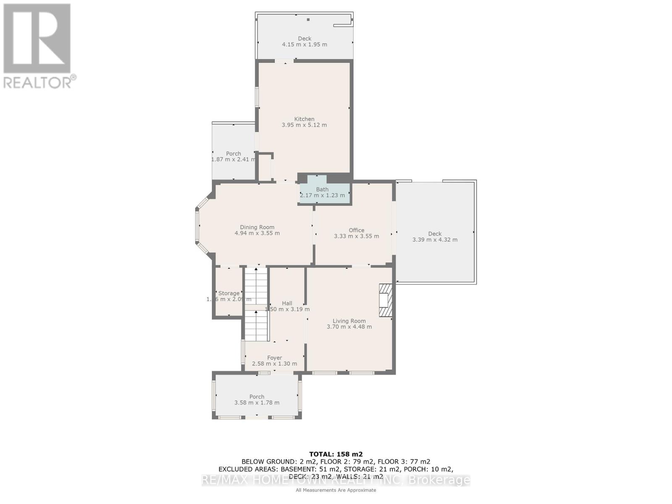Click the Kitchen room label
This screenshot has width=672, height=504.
pos(304,119)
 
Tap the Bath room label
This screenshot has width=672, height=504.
pos(322,189)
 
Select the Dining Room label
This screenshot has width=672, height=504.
pos(257,227)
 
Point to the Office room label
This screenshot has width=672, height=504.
pos(356,230)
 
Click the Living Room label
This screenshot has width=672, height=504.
pos(349,321)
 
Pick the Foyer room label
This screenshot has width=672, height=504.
pos(274,358)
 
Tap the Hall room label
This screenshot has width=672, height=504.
pos(287,303)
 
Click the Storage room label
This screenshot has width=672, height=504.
pos(229,293)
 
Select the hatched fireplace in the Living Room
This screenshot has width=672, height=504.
pos(386,300)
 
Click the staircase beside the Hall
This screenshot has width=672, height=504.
pos(256,304)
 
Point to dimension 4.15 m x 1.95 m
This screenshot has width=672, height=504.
pos(304,45)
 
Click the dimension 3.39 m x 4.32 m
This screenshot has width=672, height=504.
pos(435,240)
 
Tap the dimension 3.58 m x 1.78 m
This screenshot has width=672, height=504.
pos(257,403)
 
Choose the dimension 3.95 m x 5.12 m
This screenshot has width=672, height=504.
pos(304,125)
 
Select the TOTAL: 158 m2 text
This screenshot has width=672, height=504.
pos(336,454)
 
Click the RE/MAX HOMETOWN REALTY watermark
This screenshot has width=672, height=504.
pos(336,480)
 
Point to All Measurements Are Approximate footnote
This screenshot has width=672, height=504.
pos(336,490)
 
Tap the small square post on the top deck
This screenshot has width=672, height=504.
pos(308,19)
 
